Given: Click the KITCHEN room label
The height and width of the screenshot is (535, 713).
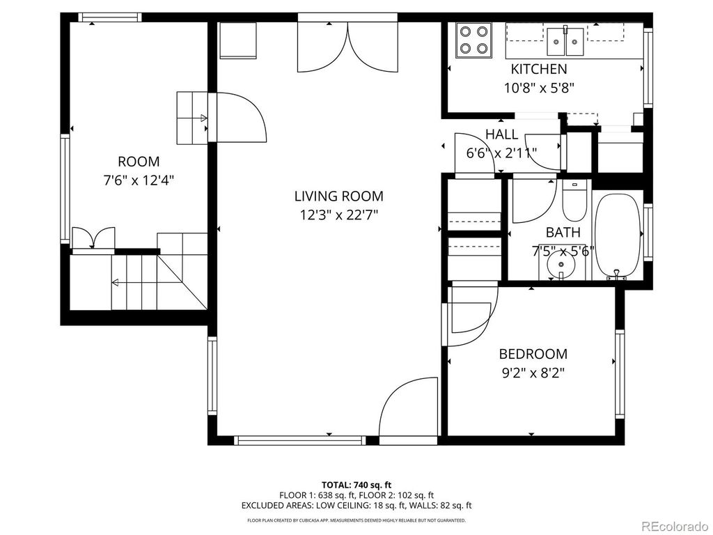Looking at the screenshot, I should pyautogui.click(x=539, y=69).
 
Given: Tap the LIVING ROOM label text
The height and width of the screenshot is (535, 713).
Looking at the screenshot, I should pyautogui.click(x=338, y=196).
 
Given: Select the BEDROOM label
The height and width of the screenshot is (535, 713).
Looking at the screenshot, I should pyautogui.click(x=533, y=354).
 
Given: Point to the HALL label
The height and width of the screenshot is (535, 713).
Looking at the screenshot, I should pyautogui.click(x=501, y=134).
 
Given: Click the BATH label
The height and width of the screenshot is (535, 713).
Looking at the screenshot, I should pyautogui.click(x=563, y=232).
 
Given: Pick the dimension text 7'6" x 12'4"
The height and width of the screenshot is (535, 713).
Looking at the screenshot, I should pyautogui.click(x=138, y=180).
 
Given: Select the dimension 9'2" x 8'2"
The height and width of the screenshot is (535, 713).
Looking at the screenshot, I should pyautogui.click(x=533, y=373).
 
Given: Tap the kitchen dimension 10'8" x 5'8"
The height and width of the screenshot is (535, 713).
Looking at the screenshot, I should pyautogui.click(x=539, y=87).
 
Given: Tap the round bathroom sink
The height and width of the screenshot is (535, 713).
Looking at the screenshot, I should pyautogui.click(x=561, y=265).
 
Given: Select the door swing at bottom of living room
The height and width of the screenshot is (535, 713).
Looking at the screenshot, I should pyautogui.click(x=407, y=408).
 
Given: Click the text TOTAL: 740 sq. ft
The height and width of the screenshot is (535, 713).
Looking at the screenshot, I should pyautogui.click(x=356, y=485).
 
